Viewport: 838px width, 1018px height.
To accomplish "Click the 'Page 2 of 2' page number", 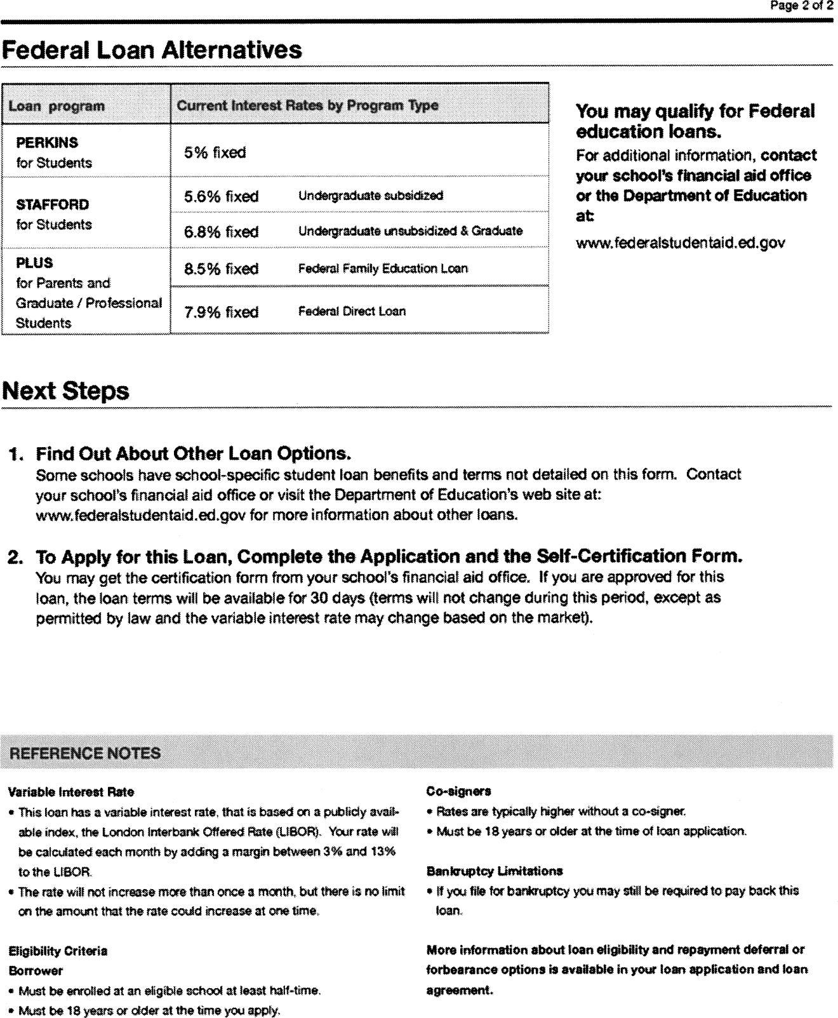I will [801, 6].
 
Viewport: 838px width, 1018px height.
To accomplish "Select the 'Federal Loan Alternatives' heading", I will [152, 50].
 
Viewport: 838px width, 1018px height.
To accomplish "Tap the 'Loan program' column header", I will [57, 106].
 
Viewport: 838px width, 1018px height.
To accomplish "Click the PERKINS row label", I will [47, 143].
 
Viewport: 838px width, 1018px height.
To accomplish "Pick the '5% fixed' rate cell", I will [215, 152].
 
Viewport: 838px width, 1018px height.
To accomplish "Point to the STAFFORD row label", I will [52, 204].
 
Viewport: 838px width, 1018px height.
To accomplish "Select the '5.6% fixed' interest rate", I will [221, 196].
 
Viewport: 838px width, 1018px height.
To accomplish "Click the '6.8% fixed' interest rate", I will [221, 232].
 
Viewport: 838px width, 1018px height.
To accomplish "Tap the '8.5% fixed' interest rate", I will [221, 269].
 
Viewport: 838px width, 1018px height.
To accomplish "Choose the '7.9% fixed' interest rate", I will [221, 312].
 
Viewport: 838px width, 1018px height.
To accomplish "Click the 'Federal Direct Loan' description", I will [352, 311].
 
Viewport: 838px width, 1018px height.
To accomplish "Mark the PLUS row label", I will [34, 263].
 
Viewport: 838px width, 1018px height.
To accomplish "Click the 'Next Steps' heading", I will [66, 391].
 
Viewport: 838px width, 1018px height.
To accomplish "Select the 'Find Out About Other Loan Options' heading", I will [193, 453].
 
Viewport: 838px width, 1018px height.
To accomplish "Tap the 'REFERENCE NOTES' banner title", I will [85, 753].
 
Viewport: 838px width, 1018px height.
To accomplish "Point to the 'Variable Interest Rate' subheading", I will [71, 792].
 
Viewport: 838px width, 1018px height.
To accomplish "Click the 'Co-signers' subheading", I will [458, 791].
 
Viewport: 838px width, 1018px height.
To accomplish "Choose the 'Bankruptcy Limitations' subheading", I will [495, 871].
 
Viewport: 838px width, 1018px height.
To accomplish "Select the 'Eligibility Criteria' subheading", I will [58, 951].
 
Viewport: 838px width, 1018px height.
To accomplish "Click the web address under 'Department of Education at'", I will [681, 243].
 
